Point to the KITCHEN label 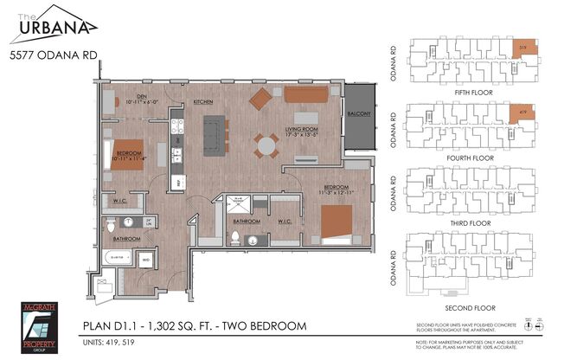pyautogui.click(x=203, y=101)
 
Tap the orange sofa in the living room pyautogui.click(x=306, y=93)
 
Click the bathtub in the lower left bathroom pyautogui.click(x=115, y=257)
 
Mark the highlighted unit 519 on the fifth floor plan pyautogui.click(x=522, y=48)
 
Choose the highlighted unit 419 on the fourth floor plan pyautogui.click(x=522, y=114)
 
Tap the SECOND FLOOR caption pyautogui.click(x=467, y=305)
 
